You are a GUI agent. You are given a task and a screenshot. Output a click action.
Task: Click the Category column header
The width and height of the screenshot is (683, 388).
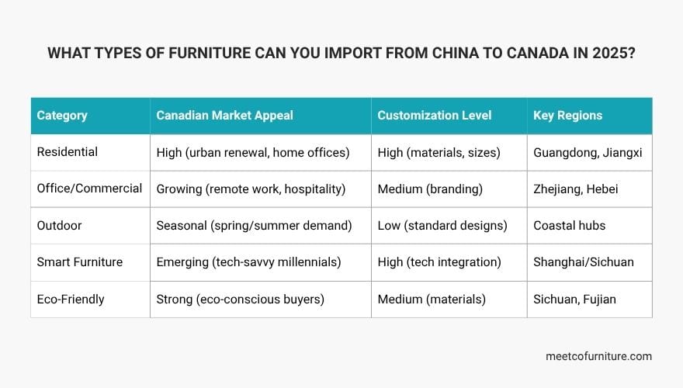(x=62, y=116)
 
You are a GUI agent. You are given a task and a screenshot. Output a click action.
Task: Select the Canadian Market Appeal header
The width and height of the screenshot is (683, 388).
(x=225, y=116)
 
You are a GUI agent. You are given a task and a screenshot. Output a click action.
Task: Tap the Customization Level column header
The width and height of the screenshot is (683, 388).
(x=435, y=116)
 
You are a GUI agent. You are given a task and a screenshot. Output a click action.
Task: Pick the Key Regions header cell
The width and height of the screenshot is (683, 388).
(x=568, y=116)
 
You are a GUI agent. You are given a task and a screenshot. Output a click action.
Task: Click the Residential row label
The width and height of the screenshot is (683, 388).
(x=68, y=152)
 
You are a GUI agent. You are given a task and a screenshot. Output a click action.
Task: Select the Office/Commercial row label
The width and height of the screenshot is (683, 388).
(x=89, y=189)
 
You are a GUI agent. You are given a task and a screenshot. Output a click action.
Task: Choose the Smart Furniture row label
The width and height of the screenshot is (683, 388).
(x=80, y=262)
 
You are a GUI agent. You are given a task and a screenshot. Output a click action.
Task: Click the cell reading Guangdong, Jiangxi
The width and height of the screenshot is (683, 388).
(x=588, y=152)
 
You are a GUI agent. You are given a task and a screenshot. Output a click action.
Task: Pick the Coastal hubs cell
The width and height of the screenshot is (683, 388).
(x=570, y=225)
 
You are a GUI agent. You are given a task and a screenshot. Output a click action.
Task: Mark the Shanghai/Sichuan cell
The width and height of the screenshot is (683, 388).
(x=584, y=262)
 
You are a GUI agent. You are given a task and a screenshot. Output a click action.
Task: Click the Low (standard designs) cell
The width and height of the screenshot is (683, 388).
(x=442, y=225)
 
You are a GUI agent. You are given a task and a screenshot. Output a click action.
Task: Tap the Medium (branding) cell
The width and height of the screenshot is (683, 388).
(x=431, y=189)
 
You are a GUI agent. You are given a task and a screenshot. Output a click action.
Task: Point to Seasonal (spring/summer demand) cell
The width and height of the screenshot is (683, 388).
(x=255, y=225)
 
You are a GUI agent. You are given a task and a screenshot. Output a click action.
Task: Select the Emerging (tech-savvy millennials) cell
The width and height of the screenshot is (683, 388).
(x=249, y=262)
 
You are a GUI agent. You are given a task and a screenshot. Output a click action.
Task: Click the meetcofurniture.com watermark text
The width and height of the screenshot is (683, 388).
(x=599, y=356)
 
